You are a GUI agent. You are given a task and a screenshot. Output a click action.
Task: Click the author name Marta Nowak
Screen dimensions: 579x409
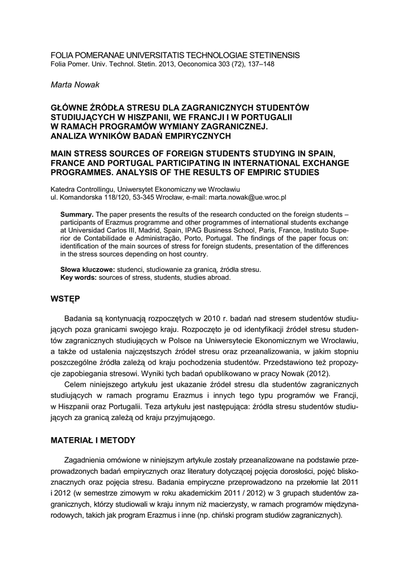(x=75, y=84)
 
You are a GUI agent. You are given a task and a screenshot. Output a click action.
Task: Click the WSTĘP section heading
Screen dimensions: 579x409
(x=66, y=298)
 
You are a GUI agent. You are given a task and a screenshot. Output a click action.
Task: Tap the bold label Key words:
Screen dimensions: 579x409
(x=80, y=278)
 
